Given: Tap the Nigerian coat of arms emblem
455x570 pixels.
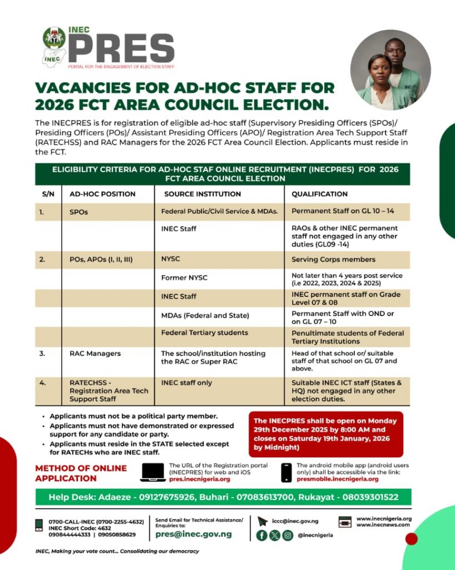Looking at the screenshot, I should (54, 37).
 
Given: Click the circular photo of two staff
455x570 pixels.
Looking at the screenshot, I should (390, 70).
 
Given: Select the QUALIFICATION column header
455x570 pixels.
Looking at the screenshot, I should (319, 194).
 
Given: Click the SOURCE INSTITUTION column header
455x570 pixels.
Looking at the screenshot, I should (202, 194).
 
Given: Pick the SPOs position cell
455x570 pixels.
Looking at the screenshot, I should (79, 212).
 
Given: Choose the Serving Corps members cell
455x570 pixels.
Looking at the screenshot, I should (333, 259).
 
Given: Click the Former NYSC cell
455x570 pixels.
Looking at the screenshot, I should (184, 277).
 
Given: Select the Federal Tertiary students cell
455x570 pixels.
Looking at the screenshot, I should (205, 333).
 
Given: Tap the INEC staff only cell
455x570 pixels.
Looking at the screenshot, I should (187, 383).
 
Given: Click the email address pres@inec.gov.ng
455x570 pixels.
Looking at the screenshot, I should (194, 534).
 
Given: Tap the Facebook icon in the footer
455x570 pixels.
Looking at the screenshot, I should (261, 535).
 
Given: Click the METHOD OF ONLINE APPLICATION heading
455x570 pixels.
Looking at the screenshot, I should (81, 473).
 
